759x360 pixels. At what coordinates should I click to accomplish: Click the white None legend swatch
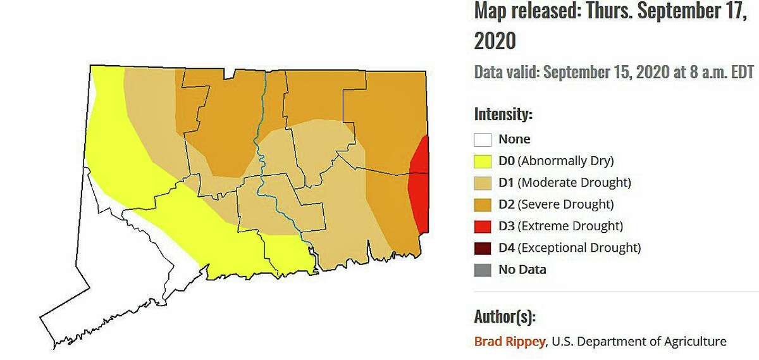point(483,139)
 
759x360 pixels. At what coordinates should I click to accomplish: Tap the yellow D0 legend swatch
point(483,161)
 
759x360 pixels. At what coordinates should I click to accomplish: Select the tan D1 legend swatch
point(483,183)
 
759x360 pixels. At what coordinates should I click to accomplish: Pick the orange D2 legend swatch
point(483,204)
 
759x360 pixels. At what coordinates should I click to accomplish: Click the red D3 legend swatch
point(483,226)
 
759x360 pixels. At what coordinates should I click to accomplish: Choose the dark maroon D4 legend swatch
point(483,247)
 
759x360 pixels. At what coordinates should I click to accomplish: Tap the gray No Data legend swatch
point(483,270)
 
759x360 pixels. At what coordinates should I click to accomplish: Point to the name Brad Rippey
point(509,342)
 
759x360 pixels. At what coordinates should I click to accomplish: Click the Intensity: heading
point(503,115)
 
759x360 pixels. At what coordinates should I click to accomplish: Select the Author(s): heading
point(505,316)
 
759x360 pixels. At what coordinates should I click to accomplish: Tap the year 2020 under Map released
point(495,41)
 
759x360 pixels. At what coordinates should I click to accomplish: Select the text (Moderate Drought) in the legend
point(574,183)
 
